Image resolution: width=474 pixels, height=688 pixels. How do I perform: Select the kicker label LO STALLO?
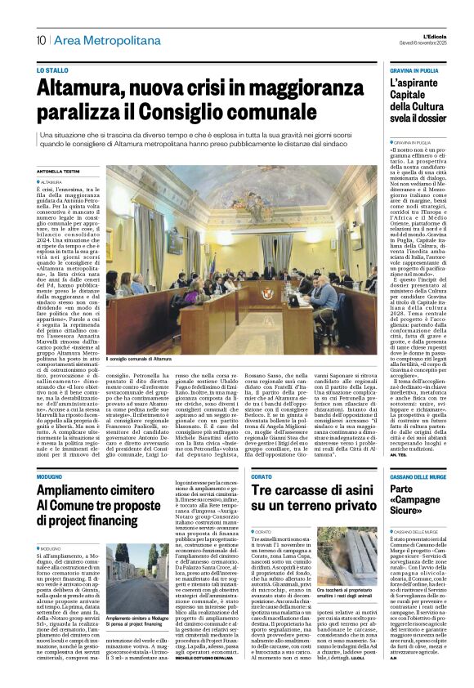(52, 70)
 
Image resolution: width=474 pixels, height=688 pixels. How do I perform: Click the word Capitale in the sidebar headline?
(416, 95)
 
